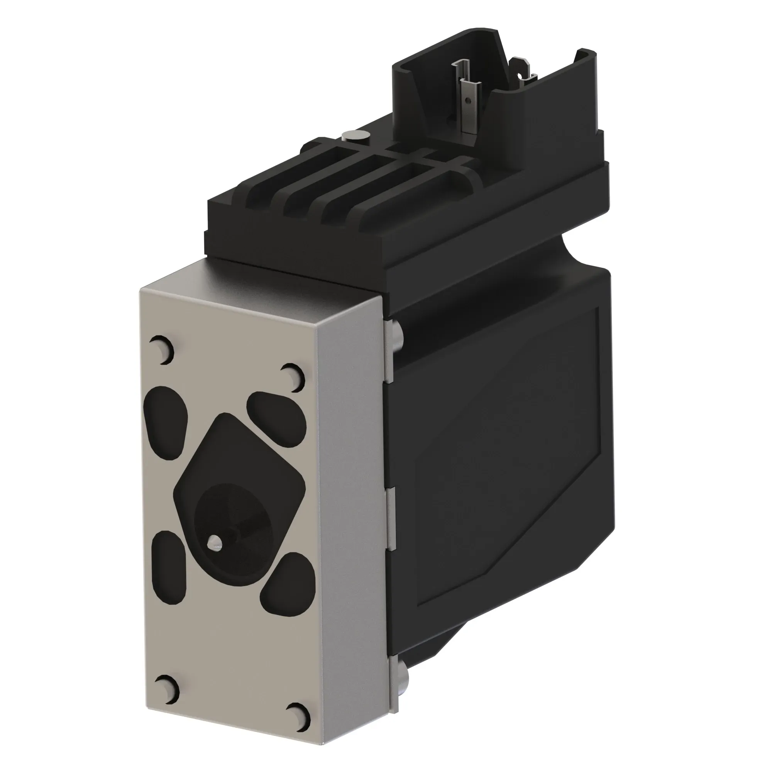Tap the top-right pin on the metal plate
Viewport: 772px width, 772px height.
click(x=293, y=376)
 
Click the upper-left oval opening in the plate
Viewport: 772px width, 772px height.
click(x=166, y=416)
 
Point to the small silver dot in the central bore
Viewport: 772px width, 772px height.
click(x=216, y=542)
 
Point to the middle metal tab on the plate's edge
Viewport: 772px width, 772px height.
click(x=391, y=518)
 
